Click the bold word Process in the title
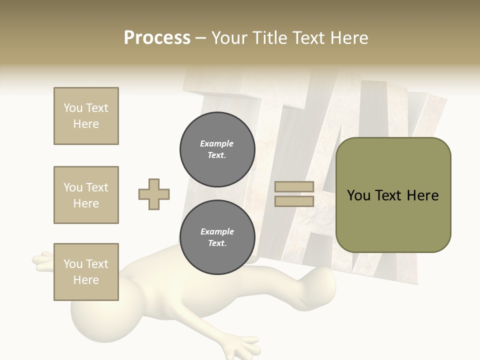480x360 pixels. [x=157, y=38]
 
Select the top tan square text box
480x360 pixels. [x=86, y=116]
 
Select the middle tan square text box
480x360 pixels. [x=86, y=195]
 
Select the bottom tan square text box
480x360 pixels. [x=86, y=272]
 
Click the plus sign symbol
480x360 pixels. [x=154, y=194]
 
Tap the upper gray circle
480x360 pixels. [x=217, y=149]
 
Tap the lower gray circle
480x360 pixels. [x=217, y=237]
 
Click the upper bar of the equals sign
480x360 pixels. [x=294, y=187]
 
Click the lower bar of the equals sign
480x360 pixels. [x=294, y=201]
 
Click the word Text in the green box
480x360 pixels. [x=388, y=195]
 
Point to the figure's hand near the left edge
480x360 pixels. [x=43, y=260]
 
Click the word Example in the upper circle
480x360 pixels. [x=217, y=143]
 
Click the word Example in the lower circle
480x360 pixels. [x=217, y=231]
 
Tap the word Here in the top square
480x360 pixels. [x=86, y=124]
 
